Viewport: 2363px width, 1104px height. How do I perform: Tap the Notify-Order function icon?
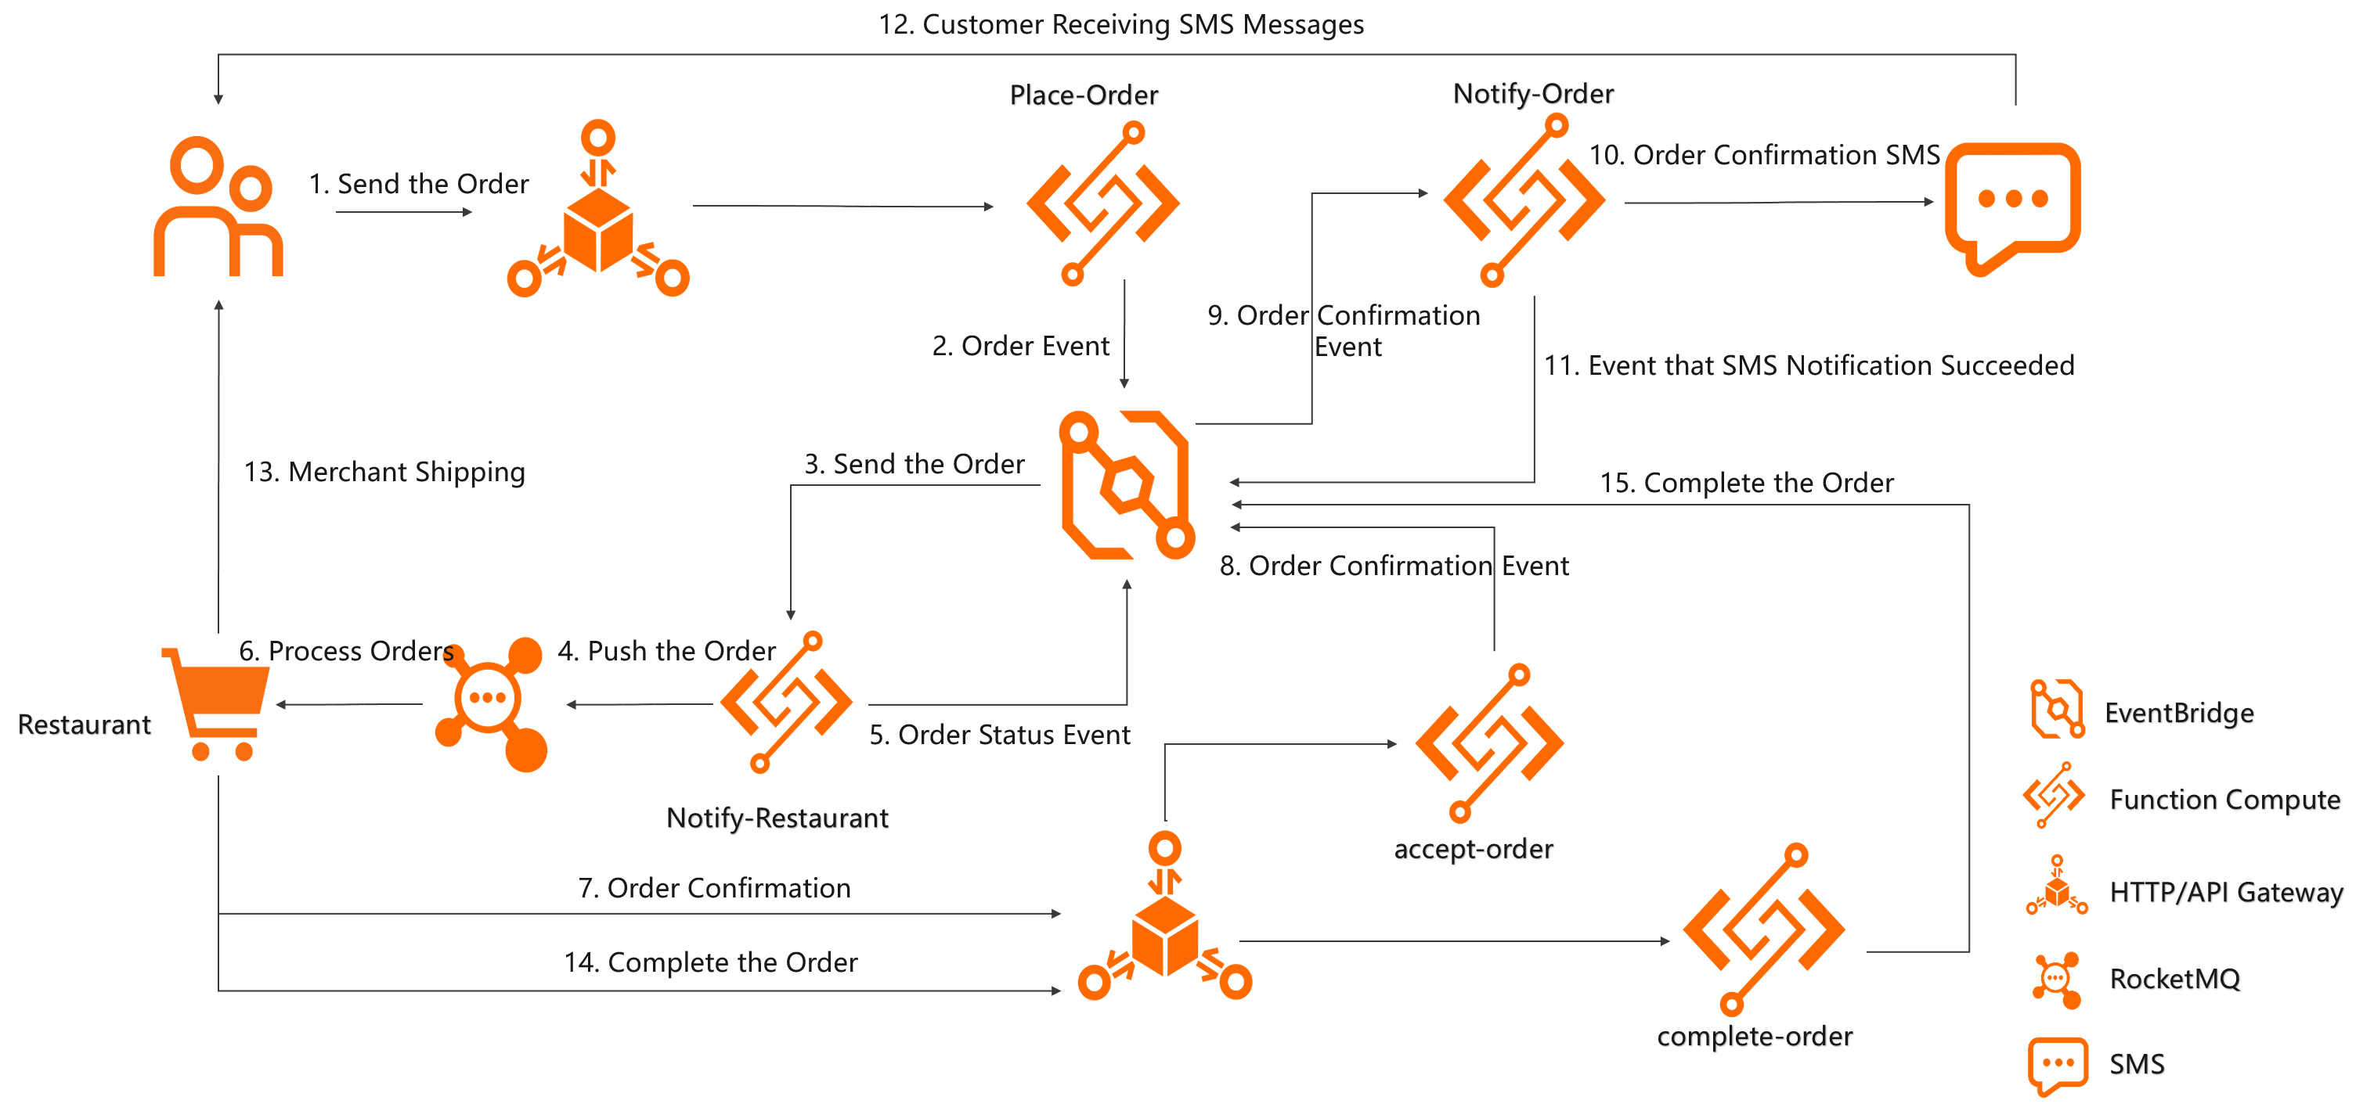pyautogui.click(x=1524, y=200)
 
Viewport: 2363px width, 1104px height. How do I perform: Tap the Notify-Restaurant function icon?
pyautogui.click(x=786, y=703)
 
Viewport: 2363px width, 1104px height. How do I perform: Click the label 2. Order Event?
pyautogui.click(x=1020, y=346)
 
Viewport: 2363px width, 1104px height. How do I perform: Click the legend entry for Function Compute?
pyautogui.click(x=2224, y=800)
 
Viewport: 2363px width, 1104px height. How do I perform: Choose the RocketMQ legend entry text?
pyautogui.click(x=2175, y=980)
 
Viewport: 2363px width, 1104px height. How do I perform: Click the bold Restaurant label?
pyautogui.click(x=85, y=725)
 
